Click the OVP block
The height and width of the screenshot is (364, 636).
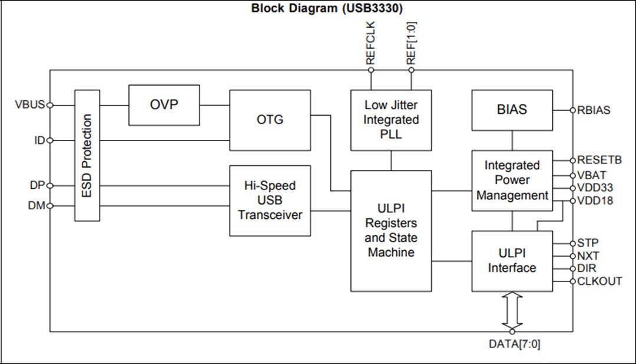pos(164,105)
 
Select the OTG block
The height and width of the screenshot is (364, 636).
pos(270,120)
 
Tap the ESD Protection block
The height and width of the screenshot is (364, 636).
pos(87,156)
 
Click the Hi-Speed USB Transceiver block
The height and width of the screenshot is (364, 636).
pos(270,201)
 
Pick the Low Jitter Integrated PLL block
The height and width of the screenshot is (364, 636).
pos(391,120)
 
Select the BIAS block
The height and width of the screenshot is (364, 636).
pos(512,110)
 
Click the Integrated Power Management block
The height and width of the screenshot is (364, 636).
pos(512,180)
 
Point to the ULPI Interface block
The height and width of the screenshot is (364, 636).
pos(512,261)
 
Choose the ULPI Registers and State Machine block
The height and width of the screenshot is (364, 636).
pos(391,231)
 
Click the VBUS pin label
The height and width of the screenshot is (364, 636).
pos(30,105)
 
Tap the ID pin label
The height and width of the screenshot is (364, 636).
pos(38,140)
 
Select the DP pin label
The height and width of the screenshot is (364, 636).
pos(37,185)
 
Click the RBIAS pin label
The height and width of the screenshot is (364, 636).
pos(594,110)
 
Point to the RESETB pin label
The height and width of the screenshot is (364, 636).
pos(599,160)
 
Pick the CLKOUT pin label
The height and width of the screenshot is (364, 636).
pos(599,281)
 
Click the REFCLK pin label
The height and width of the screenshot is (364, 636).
pos(370,43)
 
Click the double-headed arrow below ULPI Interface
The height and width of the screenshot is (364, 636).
pos(512,310)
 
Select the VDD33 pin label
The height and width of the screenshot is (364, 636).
pos(595,188)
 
